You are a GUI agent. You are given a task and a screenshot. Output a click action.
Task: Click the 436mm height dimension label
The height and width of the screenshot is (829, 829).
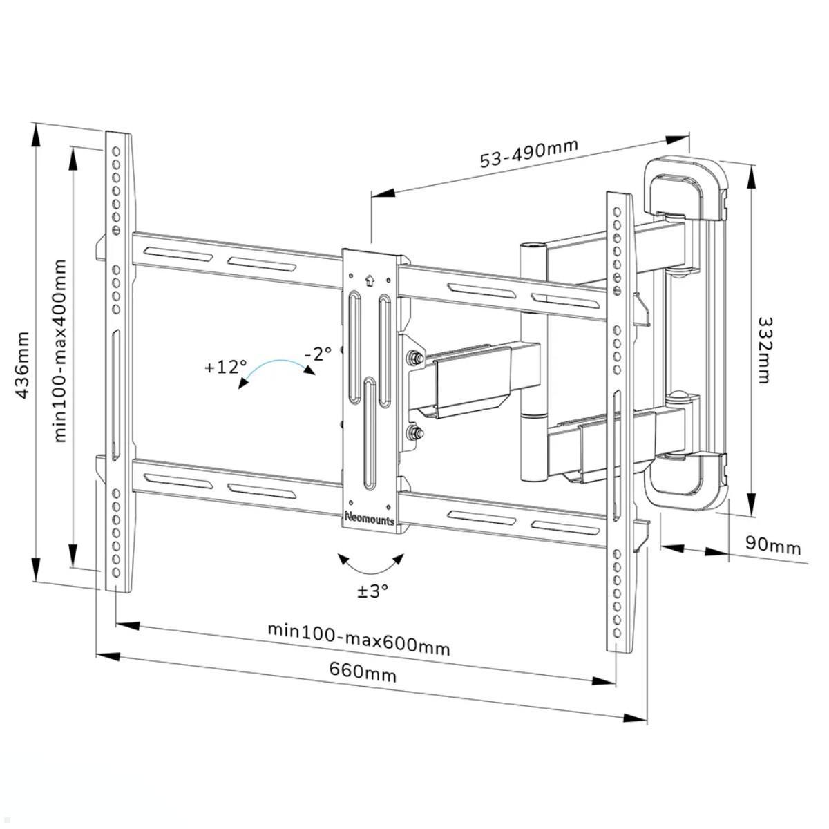(x=23, y=364)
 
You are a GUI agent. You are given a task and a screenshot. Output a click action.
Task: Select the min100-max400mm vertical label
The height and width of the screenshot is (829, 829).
(x=61, y=350)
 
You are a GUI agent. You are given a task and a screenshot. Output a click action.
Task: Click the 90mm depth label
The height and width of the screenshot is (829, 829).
(x=773, y=546)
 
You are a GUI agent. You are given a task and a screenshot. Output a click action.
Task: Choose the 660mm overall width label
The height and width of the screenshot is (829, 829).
(x=363, y=671)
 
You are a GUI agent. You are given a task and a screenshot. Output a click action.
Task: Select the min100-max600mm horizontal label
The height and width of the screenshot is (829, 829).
(x=359, y=639)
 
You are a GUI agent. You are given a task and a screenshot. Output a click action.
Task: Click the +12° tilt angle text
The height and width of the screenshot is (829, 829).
(x=225, y=367)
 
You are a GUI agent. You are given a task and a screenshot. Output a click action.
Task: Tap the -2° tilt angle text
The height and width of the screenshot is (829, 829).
(x=318, y=354)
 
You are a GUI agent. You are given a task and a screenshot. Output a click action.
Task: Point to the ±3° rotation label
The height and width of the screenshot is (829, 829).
(x=372, y=591)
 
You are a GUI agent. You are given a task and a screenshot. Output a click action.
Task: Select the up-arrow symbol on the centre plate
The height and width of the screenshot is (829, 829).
(x=368, y=280)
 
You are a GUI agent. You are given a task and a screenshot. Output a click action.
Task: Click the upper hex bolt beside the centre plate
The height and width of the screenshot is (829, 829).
(x=417, y=358)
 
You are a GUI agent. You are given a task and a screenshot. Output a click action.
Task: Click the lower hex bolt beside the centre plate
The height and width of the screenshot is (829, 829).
(x=417, y=434)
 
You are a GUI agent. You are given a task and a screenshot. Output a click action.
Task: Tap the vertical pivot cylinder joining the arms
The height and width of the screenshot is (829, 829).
(x=531, y=359)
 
